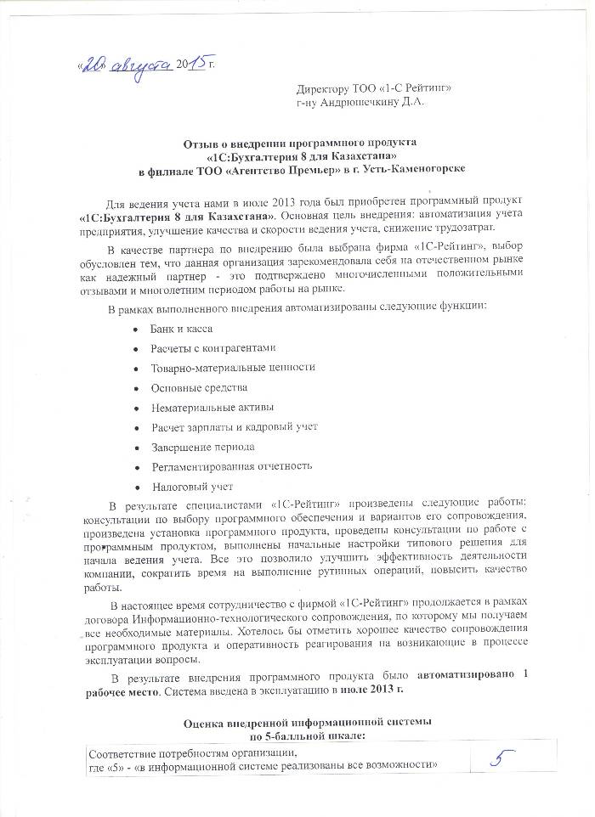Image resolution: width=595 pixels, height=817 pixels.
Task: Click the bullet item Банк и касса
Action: [x=181, y=328]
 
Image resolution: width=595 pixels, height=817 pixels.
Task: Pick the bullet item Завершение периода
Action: [x=202, y=447]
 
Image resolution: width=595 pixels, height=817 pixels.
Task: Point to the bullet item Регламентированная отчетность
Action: [x=231, y=466]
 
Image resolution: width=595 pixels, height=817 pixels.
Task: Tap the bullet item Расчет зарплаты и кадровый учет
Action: [x=234, y=426]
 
